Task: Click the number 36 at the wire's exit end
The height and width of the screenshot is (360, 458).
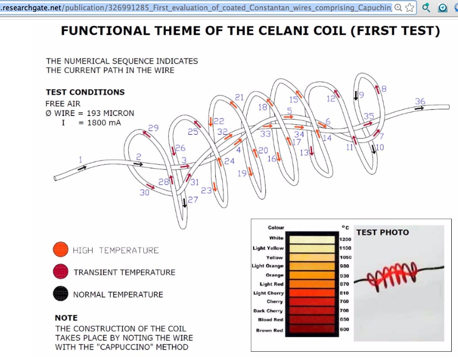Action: (420, 101)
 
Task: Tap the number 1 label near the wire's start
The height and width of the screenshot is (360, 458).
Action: (80, 160)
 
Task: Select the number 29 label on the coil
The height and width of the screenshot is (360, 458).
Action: (153, 128)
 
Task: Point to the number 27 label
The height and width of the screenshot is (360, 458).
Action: (193, 200)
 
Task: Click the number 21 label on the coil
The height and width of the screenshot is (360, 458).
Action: (239, 97)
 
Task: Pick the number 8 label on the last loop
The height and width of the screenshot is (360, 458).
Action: (384, 89)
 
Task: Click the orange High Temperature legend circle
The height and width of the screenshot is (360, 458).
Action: (61, 250)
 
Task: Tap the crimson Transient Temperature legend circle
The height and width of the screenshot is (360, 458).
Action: (61, 271)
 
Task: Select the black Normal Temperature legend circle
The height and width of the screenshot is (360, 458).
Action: (61, 294)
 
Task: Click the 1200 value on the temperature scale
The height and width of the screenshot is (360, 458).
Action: (345, 239)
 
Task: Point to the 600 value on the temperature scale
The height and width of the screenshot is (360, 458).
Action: (344, 329)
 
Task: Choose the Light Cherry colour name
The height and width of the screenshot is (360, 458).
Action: (269, 293)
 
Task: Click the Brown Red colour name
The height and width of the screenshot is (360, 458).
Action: (270, 330)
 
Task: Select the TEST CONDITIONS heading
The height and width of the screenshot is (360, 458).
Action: (85, 92)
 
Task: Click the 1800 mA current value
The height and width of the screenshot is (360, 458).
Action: (104, 123)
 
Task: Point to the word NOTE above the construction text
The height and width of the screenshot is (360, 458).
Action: (66, 318)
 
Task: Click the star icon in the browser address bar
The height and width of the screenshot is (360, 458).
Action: (410, 8)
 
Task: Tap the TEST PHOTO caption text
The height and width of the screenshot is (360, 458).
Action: (382, 233)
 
